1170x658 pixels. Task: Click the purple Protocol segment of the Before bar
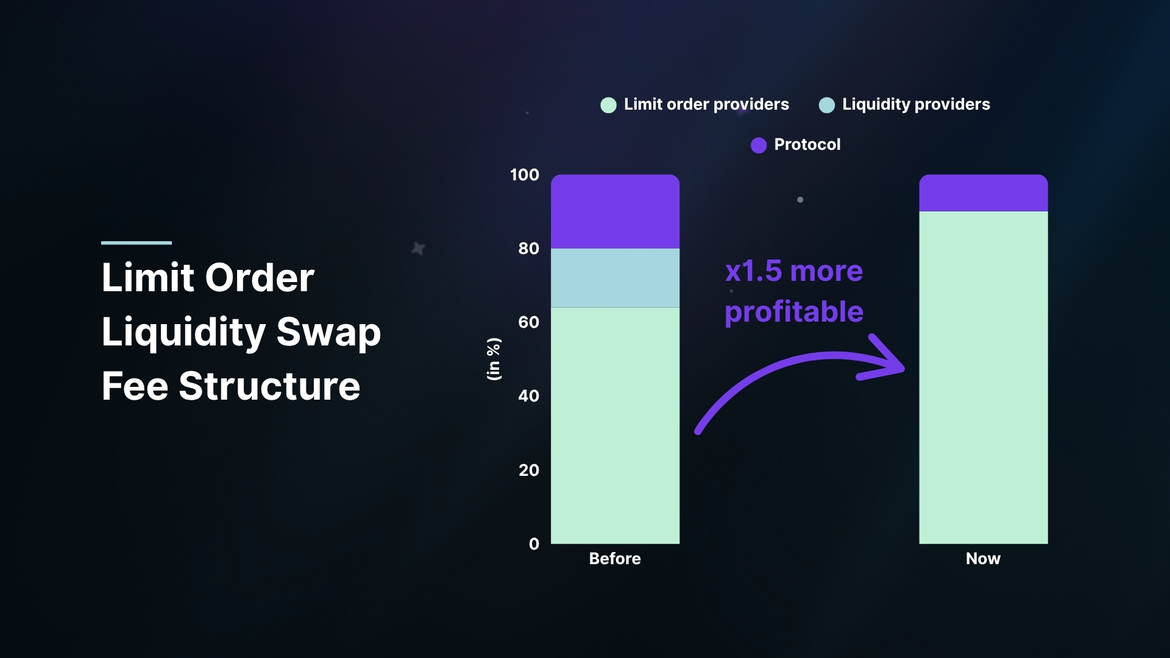tap(615, 211)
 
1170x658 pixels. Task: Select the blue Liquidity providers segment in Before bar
tap(615, 278)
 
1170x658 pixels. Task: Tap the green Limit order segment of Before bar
tap(615, 425)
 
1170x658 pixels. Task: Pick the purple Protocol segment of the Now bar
tap(983, 193)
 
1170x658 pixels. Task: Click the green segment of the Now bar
tap(983, 378)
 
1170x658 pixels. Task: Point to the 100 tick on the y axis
tap(524, 175)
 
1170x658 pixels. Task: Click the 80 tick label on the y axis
tap(528, 249)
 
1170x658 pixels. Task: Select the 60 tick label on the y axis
tap(528, 322)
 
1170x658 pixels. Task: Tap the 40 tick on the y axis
tap(528, 396)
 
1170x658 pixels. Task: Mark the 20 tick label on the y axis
tap(528, 470)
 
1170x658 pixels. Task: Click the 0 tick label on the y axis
tap(534, 544)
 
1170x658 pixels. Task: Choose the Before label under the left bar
tap(615, 559)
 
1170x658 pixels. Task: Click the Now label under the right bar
tap(983, 559)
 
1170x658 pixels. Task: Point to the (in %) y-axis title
tap(494, 359)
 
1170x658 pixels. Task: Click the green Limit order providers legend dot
tap(608, 105)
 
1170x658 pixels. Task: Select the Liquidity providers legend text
tap(916, 105)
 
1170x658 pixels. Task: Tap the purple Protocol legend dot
tap(759, 145)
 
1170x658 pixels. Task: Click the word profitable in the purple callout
tap(794, 313)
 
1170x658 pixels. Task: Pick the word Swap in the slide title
tap(328, 332)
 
